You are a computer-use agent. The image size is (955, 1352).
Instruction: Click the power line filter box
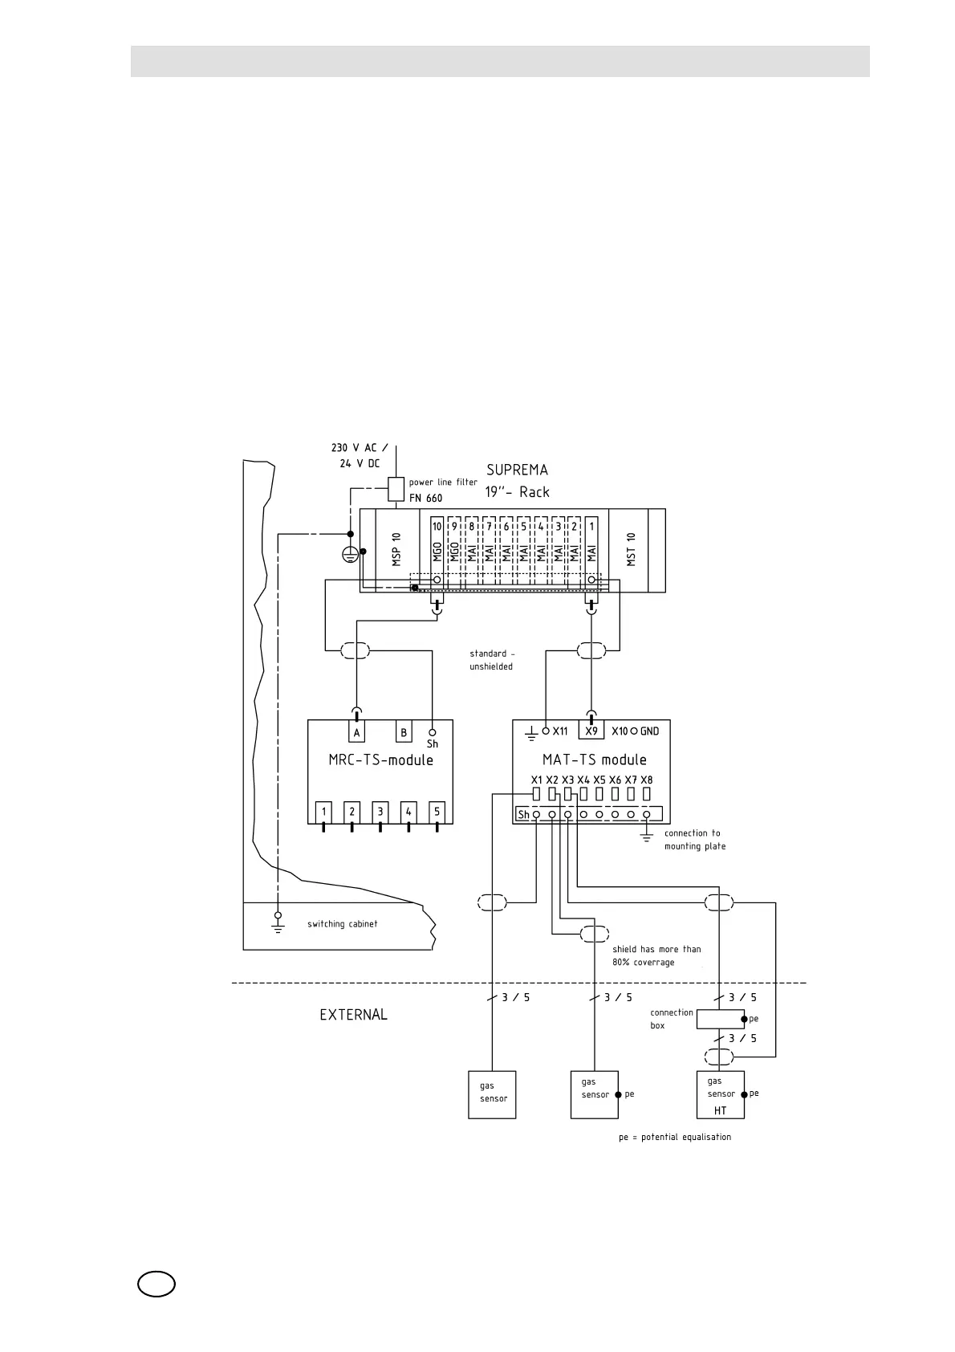[395, 489]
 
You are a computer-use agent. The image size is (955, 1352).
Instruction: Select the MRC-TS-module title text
[380, 759]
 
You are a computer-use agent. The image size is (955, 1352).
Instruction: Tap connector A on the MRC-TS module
[357, 732]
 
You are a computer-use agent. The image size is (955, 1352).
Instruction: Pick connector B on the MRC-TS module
[404, 732]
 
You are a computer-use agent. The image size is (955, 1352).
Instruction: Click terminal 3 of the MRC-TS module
[380, 812]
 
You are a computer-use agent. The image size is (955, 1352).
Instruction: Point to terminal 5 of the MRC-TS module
[437, 812]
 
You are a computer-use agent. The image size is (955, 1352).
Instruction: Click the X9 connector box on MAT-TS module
[591, 731]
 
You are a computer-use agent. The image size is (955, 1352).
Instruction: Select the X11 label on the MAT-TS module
[560, 731]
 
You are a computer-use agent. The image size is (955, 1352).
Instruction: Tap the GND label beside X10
[649, 731]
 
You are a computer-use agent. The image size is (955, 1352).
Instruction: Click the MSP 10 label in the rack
[396, 550]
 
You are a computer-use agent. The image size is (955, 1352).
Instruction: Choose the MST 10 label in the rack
[631, 550]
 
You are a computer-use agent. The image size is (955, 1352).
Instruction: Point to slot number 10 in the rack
[437, 527]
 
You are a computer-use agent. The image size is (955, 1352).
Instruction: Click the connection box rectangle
[720, 1019]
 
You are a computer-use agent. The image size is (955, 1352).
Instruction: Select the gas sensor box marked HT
[721, 1094]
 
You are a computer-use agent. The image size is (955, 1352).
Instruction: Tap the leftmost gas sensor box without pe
[492, 1094]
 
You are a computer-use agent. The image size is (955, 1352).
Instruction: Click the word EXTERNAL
[353, 1015]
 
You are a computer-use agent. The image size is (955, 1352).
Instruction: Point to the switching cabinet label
[342, 924]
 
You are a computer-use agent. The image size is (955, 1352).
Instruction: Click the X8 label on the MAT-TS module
[646, 780]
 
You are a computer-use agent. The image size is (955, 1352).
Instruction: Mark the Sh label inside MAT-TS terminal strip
[523, 815]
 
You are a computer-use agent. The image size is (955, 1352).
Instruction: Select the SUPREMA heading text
[517, 470]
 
